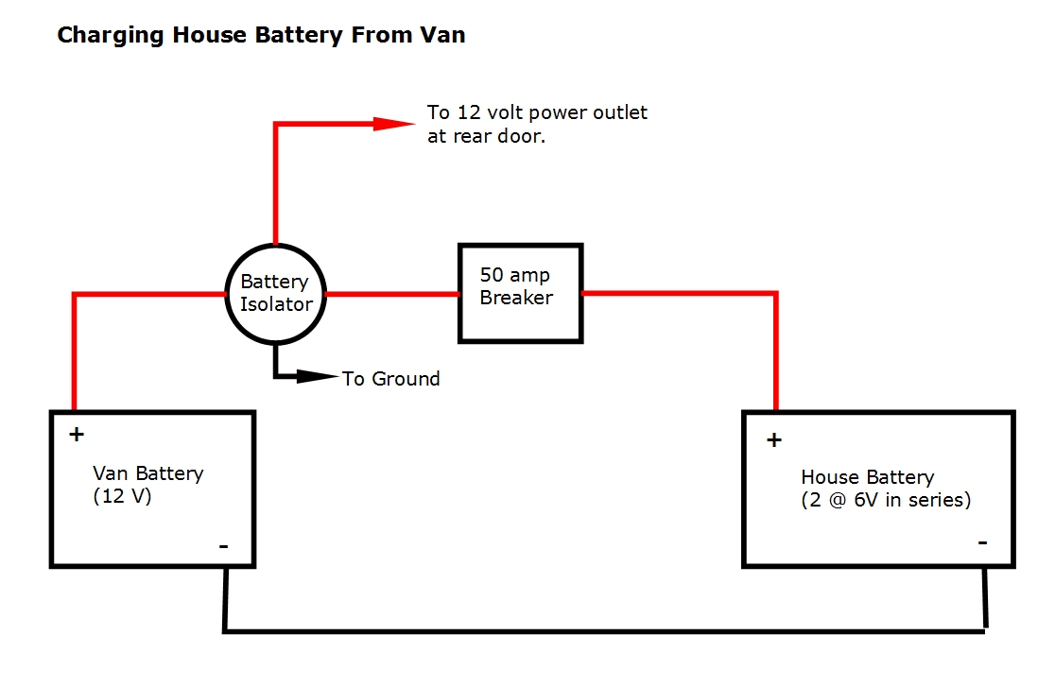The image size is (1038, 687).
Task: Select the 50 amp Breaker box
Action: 520,292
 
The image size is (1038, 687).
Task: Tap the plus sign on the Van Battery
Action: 77,435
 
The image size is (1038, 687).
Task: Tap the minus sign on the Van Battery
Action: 223,545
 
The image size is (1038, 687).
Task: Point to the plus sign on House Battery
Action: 773,439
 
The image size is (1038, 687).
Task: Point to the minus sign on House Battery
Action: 982,542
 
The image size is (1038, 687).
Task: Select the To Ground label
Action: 390,379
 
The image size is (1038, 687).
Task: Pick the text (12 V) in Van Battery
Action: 122,496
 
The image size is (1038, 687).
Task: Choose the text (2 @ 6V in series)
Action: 886,500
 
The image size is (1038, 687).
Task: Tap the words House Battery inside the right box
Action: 867,477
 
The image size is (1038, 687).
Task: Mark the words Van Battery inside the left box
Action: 147,473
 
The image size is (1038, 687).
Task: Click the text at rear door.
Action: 486,136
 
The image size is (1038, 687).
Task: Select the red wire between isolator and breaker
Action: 391,295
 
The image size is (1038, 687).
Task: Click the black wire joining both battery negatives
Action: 605,630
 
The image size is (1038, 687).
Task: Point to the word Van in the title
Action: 444,36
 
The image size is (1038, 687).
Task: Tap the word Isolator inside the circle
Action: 275,304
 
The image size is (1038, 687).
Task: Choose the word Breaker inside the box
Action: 516,297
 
